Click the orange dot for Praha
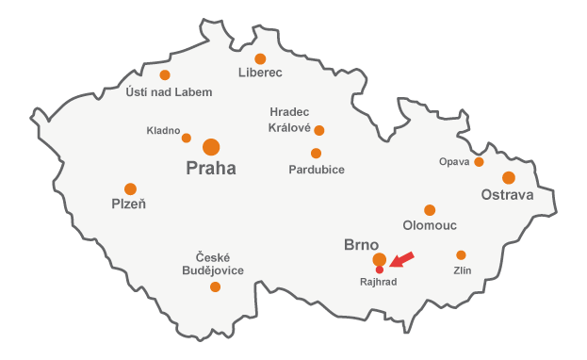[211, 147]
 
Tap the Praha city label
[211, 170]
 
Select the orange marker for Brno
[379, 259]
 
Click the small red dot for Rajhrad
[379, 270]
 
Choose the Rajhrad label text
[379, 282]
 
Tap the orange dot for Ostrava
[509, 177]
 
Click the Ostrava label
[507, 195]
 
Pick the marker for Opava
[479, 162]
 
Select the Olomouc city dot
[430, 210]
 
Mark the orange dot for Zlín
[461, 255]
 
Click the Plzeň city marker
[130, 188]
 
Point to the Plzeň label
[129, 204]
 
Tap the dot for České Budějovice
[215, 286]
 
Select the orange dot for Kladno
[186, 138]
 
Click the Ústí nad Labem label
[169, 91]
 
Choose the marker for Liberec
[260, 58]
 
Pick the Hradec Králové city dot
[319, 130]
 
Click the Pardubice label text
[317, 170]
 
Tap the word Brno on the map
[361, 244]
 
